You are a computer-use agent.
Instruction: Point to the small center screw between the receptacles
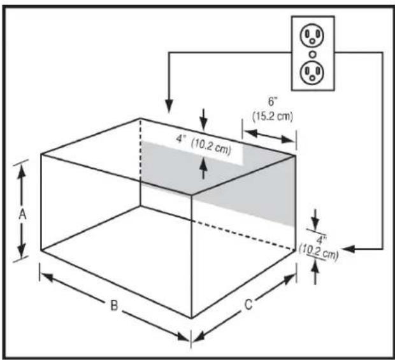(312, 54)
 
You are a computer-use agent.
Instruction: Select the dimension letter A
(22, 215)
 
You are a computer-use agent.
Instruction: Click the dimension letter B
(113, 305)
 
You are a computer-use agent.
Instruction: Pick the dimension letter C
(248, 305)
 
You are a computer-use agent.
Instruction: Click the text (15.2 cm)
(268, 115)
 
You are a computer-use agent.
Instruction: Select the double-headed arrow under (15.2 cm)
(269, 134)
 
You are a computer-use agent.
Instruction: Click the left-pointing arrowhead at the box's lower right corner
(347, 248)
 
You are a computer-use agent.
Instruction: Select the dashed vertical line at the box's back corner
(140, 162)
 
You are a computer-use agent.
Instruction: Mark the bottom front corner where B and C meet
(191, 317)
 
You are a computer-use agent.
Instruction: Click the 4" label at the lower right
(322, 240)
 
